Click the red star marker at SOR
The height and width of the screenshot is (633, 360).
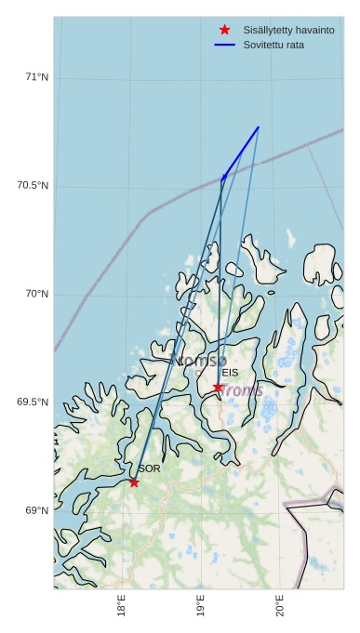134,482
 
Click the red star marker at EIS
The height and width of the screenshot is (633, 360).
218,388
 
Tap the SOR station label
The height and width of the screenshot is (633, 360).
149,468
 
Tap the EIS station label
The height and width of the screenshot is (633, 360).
230,373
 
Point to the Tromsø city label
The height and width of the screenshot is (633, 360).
199,360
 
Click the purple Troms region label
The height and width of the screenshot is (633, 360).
241,390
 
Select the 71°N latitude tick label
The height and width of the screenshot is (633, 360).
36,77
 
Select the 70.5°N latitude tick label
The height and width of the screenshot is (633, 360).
33,186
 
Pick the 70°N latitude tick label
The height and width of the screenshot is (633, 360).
36,295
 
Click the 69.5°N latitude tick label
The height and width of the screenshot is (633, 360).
33,402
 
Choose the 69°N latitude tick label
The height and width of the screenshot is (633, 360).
36,511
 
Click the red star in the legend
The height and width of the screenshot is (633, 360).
225,30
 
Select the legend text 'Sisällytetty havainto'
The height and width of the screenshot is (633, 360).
288,31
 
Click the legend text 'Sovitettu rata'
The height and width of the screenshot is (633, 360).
273,45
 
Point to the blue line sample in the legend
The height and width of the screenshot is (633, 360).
225,45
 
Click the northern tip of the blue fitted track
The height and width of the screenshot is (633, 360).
259,126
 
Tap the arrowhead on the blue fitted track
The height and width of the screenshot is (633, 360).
224,176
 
